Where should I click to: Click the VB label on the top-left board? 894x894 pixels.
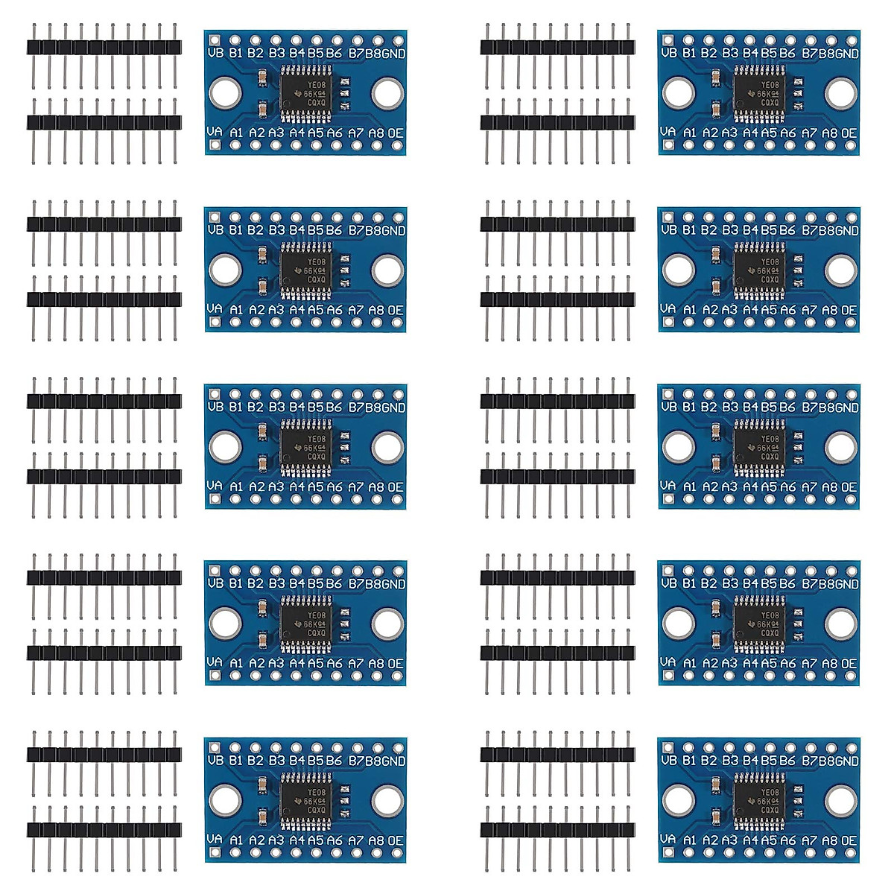215,53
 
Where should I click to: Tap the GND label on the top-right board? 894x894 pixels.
847,53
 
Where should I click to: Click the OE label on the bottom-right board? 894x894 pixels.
849,840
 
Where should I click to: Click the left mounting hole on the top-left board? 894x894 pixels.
224,93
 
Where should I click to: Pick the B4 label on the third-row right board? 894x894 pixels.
749,408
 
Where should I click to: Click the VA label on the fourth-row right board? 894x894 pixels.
668,662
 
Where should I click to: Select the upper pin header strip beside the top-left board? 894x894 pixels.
104,47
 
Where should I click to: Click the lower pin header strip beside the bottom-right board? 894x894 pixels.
557,829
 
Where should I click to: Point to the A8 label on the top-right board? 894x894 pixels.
829,133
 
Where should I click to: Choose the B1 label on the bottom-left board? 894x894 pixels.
236,761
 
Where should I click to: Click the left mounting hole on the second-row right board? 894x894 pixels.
678,270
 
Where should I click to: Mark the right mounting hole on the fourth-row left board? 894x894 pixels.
387,624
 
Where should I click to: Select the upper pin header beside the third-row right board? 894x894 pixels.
557,401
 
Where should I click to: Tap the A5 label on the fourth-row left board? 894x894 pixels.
316,663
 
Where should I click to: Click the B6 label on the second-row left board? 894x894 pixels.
334,230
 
